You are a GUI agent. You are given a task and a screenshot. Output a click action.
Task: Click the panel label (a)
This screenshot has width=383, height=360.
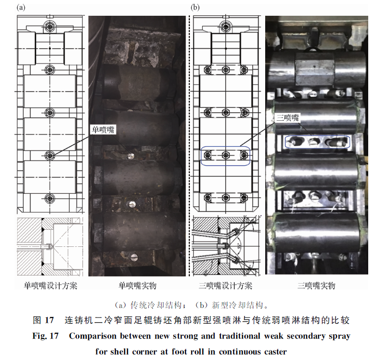pos(21,8)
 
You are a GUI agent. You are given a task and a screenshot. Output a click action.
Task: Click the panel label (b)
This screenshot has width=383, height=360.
pos(195,8)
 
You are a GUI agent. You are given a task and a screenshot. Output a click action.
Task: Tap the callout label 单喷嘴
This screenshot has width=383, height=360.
pos(103,129)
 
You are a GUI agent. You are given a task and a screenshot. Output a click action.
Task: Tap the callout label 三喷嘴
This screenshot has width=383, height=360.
pos(288,117)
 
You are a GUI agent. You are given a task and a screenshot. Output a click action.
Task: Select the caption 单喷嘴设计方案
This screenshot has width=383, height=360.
pos(51,286)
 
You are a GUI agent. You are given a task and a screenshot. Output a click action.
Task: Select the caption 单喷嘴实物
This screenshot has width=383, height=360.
pos(137,286)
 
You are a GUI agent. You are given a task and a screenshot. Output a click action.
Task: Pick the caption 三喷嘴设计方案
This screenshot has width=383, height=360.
pos(226,286)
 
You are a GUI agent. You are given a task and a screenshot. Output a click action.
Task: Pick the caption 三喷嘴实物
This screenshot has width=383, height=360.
pos(316,286)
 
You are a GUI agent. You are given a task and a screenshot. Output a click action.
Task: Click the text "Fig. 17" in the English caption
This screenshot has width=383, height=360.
pos(45,336)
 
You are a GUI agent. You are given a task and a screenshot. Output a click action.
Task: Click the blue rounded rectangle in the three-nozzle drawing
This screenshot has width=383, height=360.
pos(226,147)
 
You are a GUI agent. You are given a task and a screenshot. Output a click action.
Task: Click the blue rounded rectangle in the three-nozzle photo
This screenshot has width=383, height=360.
pos(318,136)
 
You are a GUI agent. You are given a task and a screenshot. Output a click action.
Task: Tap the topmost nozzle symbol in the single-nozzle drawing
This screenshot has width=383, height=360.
pos(50,26)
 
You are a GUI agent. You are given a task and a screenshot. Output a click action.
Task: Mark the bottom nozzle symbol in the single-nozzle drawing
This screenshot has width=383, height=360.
pos(50,198)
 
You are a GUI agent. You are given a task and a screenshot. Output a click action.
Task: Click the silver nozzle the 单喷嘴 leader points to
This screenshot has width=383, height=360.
pos(131,156)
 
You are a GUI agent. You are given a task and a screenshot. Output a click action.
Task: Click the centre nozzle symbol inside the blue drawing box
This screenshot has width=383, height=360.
pos(226,155)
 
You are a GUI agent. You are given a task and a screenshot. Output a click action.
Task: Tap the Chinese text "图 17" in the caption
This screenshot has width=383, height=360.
pos(43,320)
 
